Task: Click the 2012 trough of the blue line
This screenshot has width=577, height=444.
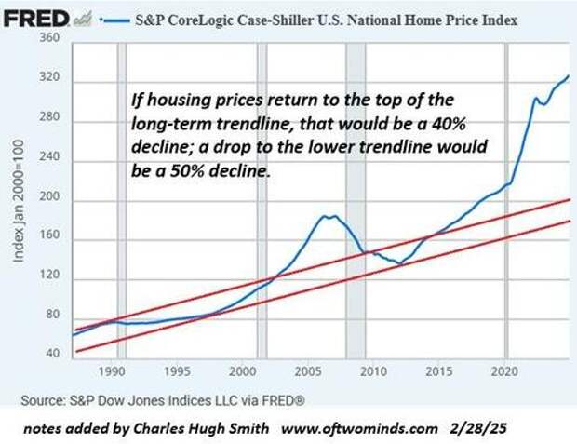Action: (x=400, y=264)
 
